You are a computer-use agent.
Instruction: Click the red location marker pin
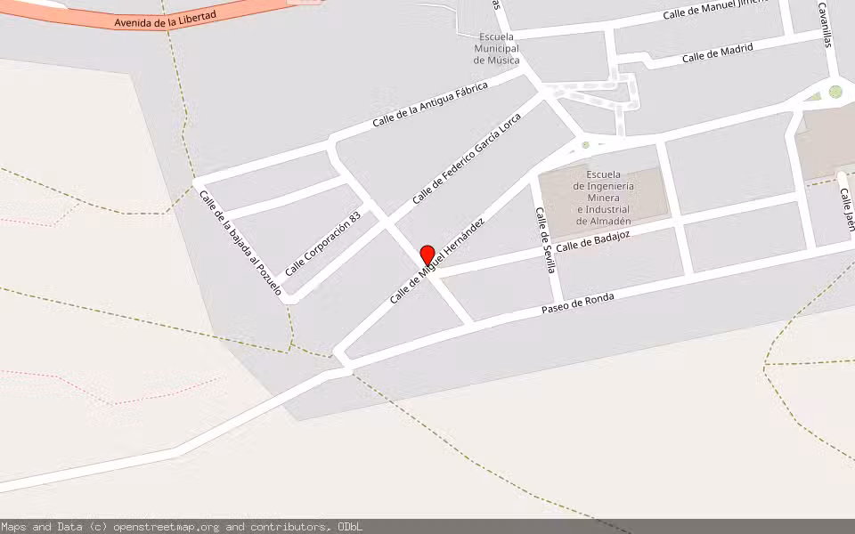[x=427, y=255]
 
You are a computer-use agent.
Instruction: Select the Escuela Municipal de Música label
[x=496, y=49]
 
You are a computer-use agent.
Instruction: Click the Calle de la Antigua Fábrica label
[x=430, y=105]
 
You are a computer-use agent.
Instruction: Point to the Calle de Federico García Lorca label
[x=467, y=158]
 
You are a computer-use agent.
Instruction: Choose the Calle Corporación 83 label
[x=322, y=243]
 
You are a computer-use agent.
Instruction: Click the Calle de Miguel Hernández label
[x=436, y=261]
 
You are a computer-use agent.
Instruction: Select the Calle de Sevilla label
[x=544, y=239]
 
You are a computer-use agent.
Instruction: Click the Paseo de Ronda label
[x=578, y=304]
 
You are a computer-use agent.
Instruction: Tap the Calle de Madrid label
[x=717, y=53]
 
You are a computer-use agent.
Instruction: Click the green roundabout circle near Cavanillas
[x=835, y=91]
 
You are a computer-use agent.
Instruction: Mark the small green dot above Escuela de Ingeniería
[x=585, y=144]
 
